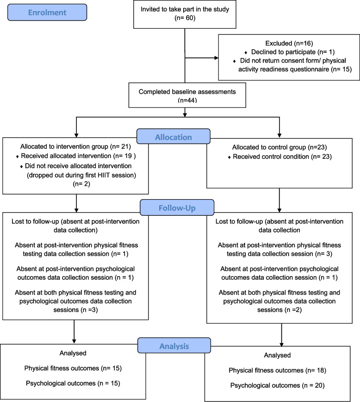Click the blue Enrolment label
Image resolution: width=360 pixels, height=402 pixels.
point(47,13)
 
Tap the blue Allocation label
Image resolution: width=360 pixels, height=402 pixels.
point(174,137)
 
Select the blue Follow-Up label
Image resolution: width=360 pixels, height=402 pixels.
point(177,207)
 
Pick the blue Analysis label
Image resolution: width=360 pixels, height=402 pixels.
point(174,346)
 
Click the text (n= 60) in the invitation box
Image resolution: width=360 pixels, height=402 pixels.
point(185,18)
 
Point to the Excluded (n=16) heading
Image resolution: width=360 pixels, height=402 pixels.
point(289,43)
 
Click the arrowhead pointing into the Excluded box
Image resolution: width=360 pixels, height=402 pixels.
point(217,58)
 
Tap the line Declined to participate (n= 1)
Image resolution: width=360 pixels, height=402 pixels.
point(293,52)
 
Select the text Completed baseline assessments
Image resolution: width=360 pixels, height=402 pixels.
point(187,92)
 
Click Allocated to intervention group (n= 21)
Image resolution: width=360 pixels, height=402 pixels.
point(75,146)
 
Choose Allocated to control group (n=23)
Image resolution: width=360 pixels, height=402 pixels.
point(279,147)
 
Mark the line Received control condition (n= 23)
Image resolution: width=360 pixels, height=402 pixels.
point(282,157)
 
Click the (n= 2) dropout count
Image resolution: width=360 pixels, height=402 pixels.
point(81,184)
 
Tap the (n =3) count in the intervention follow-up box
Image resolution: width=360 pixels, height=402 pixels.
point(89,310)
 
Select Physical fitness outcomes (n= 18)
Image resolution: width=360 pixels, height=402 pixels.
point(277,371)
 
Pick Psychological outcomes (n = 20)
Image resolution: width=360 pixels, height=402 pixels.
point(277,386)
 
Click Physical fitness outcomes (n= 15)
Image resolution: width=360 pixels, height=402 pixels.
point(73,368)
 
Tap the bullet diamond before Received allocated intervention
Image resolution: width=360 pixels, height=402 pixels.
point(18,157)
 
